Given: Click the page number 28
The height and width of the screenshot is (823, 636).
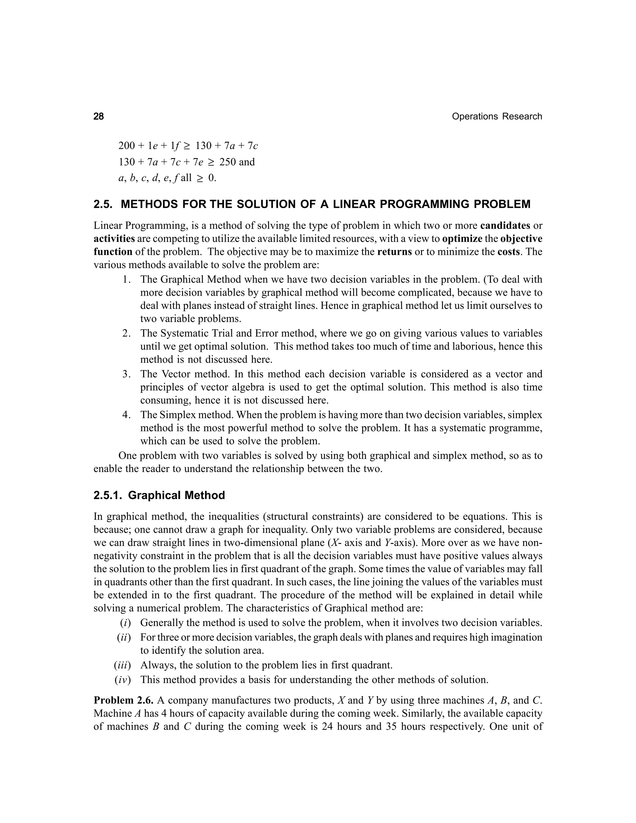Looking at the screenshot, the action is [98, 116].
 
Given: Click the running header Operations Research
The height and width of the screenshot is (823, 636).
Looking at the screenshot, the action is [497, 116].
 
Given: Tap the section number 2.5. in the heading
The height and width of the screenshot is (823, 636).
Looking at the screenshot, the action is [104, 204].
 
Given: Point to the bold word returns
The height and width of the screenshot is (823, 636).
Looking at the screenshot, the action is [394, 252].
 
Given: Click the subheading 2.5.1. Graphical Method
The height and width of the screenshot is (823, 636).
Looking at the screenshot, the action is [159, 495].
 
